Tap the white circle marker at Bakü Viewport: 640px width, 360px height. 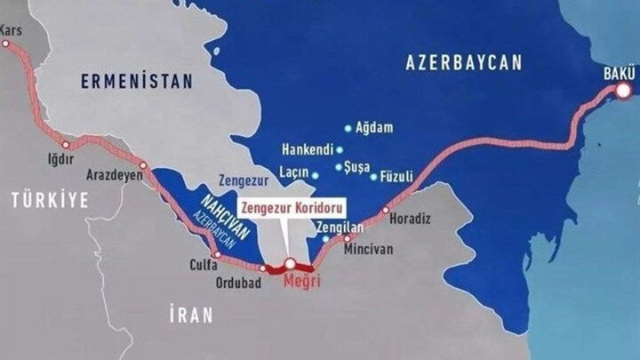(625, 90)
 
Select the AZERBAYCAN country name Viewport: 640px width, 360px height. (465, 62)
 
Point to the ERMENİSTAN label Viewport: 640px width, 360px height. (136, 82)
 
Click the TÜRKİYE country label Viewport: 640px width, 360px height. (50, 201)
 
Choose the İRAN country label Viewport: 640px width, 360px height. (191, 314)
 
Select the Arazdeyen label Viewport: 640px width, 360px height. (116, 175)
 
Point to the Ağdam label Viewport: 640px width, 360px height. (374, 128)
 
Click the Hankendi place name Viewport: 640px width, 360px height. (306, 149)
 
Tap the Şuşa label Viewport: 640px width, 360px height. (358, 166)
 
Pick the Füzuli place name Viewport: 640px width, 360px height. (396, 176)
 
